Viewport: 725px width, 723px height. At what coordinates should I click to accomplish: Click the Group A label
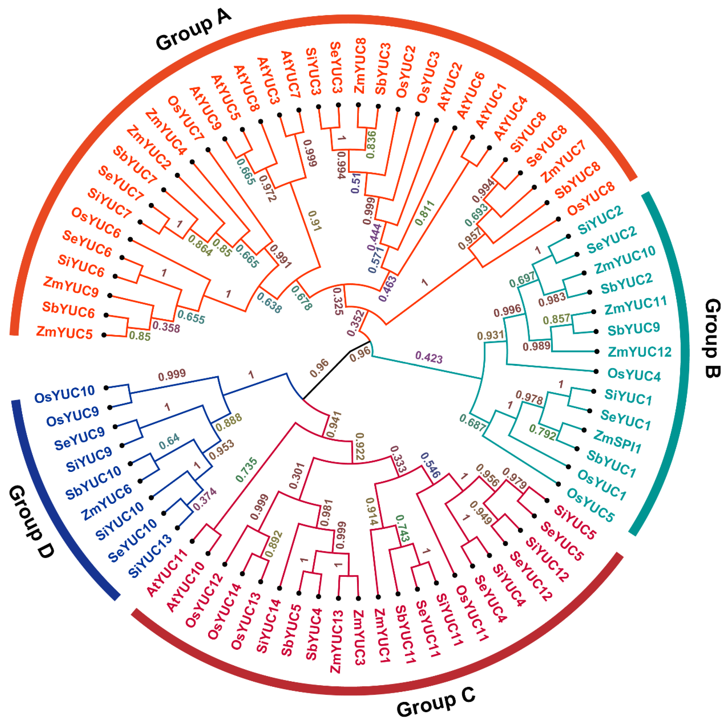(x=193, y=30)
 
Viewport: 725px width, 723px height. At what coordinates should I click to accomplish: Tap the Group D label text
(x=32, y=521)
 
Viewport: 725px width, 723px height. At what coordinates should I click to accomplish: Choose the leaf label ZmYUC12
(x=639, y=352)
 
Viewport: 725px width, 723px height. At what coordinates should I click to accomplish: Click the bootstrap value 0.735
(x=246, y=470)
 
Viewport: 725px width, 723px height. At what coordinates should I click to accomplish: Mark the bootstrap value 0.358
(x=166, y=327)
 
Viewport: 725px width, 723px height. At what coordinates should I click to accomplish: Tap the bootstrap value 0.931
(x=491, y=335)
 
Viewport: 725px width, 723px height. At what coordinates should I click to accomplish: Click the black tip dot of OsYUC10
(x=106, y=388)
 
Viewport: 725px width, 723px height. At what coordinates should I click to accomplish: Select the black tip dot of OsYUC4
(x=596, y=371)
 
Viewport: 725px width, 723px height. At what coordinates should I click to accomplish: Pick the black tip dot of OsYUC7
(x=208, y=150)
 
